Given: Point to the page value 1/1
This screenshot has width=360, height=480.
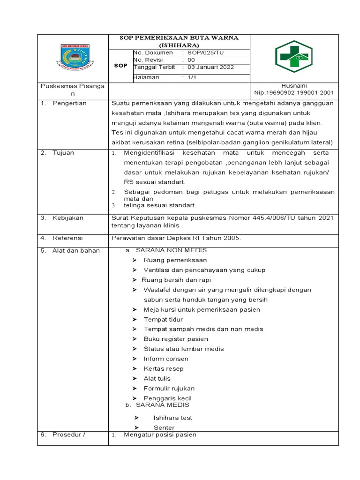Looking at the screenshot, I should pos(192,77).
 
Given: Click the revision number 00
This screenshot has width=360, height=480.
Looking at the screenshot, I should pos(191,60).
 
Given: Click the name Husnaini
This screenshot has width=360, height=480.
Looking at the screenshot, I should pos(293,86).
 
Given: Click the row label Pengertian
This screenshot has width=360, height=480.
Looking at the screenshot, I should pos(69,103).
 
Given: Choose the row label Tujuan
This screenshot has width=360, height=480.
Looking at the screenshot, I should pos(63,153).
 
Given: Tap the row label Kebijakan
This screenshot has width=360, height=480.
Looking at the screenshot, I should pos(67,218).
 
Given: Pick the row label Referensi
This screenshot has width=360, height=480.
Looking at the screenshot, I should pos(67,238).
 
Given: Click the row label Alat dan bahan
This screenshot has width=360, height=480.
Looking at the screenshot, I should pos(76,250).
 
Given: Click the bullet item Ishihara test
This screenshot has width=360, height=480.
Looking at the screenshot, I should pos(173,418).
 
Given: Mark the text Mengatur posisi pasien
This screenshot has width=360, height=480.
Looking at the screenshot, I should pos(160,435).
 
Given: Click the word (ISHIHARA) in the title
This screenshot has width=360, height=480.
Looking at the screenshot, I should pos(179,45).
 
